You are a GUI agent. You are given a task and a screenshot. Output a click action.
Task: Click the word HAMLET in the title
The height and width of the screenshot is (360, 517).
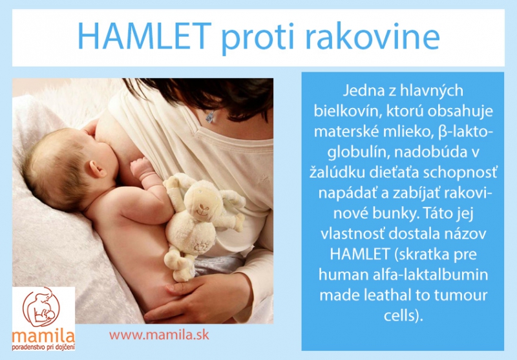[144, 36]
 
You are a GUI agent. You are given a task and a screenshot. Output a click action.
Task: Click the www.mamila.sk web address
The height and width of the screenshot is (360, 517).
[159, 335]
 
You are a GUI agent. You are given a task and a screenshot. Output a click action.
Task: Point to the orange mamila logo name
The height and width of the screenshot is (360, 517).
[43, 337]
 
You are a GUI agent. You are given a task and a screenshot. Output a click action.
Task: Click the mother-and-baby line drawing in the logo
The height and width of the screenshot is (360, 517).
[41, 307]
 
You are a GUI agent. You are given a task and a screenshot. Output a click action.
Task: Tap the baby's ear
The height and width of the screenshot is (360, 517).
[98, 169]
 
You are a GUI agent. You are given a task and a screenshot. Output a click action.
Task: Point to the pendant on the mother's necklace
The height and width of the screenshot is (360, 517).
[210, 117]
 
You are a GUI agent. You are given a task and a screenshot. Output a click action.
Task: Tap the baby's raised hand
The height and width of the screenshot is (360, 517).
[142, 167]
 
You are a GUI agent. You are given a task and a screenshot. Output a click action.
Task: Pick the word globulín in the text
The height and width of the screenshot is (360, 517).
[357, 152]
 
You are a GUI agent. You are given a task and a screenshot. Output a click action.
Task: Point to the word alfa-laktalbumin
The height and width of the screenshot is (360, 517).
[430, 275]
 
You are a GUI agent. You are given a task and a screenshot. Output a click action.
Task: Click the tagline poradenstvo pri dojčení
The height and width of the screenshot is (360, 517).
[43, 347]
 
